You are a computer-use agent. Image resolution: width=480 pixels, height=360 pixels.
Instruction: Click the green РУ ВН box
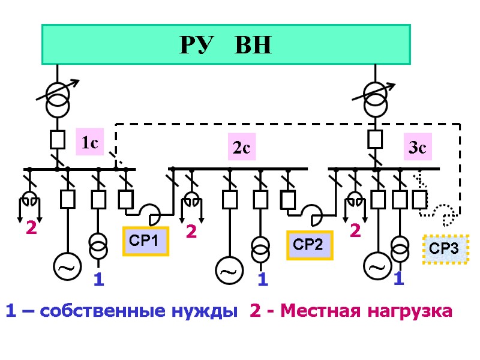226,44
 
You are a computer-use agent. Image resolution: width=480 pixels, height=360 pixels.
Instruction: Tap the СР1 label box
145,241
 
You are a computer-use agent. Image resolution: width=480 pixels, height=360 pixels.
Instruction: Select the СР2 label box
309,245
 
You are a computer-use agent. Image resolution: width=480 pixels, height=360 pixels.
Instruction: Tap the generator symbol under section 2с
229,271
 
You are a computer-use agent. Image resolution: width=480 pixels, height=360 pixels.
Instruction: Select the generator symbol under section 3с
377,266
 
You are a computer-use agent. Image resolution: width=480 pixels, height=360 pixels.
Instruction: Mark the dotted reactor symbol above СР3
445,212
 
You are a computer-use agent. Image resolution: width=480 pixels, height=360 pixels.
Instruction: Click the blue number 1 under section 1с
99,280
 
